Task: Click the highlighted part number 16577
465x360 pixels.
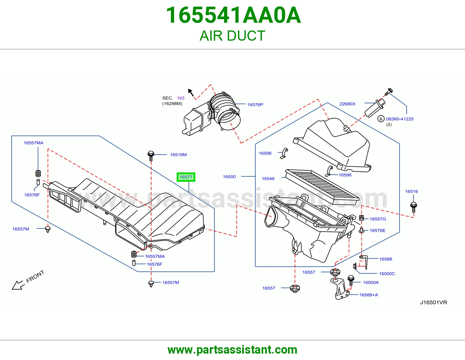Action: (186, 177)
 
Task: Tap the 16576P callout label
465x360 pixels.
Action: (255, 105)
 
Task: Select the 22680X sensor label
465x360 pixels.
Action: (347, 104)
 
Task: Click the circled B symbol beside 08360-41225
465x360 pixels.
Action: (381, 119)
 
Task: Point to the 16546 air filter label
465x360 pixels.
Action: (268, 179)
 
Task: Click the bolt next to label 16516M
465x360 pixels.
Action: (151, 156)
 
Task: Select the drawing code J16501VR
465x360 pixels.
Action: (434, 302)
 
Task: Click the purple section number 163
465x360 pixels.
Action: (180, 98)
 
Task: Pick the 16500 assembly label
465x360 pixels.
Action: (229, 177)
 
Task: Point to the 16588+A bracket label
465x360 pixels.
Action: (369, 295)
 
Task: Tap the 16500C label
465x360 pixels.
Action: (387, 274)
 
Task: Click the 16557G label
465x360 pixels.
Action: (378, 219)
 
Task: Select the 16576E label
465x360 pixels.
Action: (378, 231)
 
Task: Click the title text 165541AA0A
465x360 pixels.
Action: (233, 15)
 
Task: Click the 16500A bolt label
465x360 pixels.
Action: (371, 282)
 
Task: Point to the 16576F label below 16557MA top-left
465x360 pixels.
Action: (32, 195)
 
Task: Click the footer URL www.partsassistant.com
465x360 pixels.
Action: (233, 350)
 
